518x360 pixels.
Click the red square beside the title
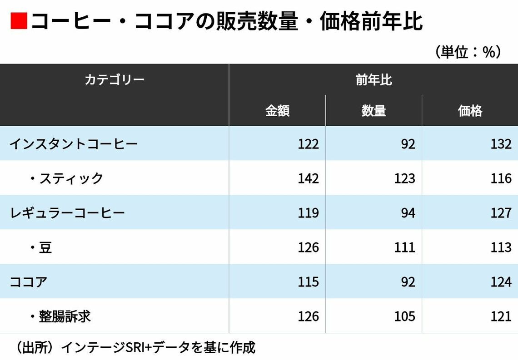point(19,22)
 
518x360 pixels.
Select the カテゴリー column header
point(115,80)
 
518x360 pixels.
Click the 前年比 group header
point(374,80)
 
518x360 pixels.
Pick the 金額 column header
point(277,111)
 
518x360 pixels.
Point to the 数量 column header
point(374,111)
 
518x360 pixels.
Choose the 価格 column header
point(470,111)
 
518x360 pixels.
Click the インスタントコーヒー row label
point(74,144)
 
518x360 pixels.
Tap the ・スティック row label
point(66,178)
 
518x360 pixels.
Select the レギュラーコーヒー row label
point(67,213)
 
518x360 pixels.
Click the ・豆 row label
point(40,247)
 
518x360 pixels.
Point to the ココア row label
point(29,282)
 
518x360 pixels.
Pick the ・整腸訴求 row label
point(60,316)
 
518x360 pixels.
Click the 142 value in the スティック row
point(308,178)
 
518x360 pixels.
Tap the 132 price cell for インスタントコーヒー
point(501,144)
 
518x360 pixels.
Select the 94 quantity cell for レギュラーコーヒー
point(408,213)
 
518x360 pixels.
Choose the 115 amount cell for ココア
point(308,282)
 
